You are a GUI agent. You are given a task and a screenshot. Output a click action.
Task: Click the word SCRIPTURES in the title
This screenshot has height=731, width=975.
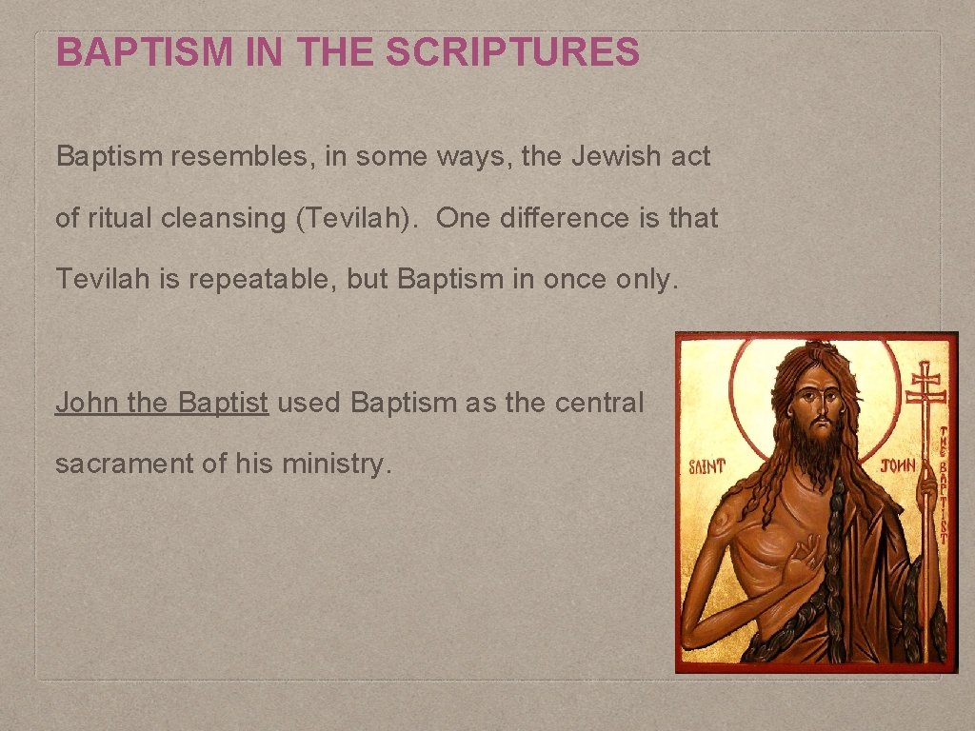pos(512,52)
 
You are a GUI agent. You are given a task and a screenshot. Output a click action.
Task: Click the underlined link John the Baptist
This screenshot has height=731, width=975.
pos(162,403)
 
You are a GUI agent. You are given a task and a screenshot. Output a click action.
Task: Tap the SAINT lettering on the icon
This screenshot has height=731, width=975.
pos(707,465)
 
